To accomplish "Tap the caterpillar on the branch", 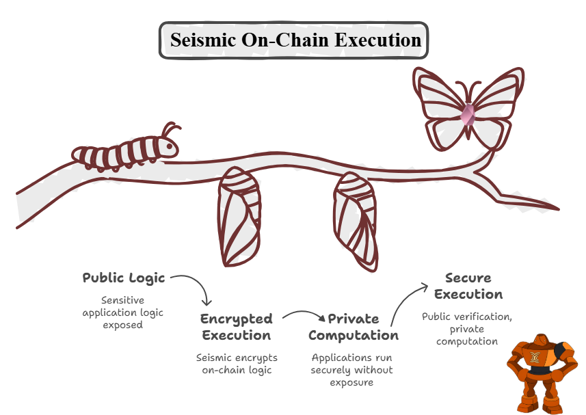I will (x=123, y=152).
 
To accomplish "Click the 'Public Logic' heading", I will (x=124, y=278).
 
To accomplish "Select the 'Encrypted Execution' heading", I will (x=236, y=327).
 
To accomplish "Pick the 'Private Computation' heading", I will (x=353, y=327).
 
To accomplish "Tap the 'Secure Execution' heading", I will (x=468, y=286).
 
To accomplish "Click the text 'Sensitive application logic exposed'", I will (x=123, y=312).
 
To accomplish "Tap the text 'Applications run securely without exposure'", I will (x=352, y=370).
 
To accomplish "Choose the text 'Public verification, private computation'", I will (x=467, y=329).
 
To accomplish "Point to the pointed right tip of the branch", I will (x=557, y=209).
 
